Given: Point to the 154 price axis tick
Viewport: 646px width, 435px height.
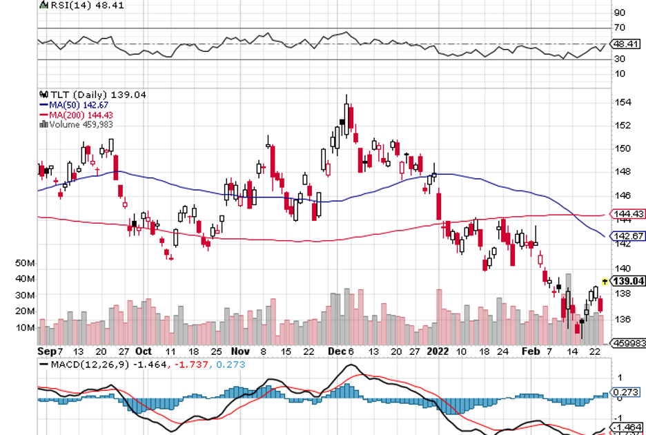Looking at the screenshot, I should [x=623, y=102].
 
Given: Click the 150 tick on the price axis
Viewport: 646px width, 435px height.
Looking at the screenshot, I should [x=623, y=148].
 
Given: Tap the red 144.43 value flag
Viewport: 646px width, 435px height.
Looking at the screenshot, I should [x=628, y=214].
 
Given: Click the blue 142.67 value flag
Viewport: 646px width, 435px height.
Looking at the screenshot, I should [x=628, y=235].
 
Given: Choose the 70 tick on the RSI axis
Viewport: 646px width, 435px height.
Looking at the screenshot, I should [x=620, y=28].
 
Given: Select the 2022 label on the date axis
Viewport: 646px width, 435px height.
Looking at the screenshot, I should [x=438, y=351].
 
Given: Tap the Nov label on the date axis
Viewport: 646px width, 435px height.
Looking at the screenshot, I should [x=239, y=351].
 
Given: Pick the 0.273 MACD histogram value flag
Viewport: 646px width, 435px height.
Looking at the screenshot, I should [x=627, y=391].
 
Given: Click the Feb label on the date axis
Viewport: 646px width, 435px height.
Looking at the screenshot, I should [x=529, y=351].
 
